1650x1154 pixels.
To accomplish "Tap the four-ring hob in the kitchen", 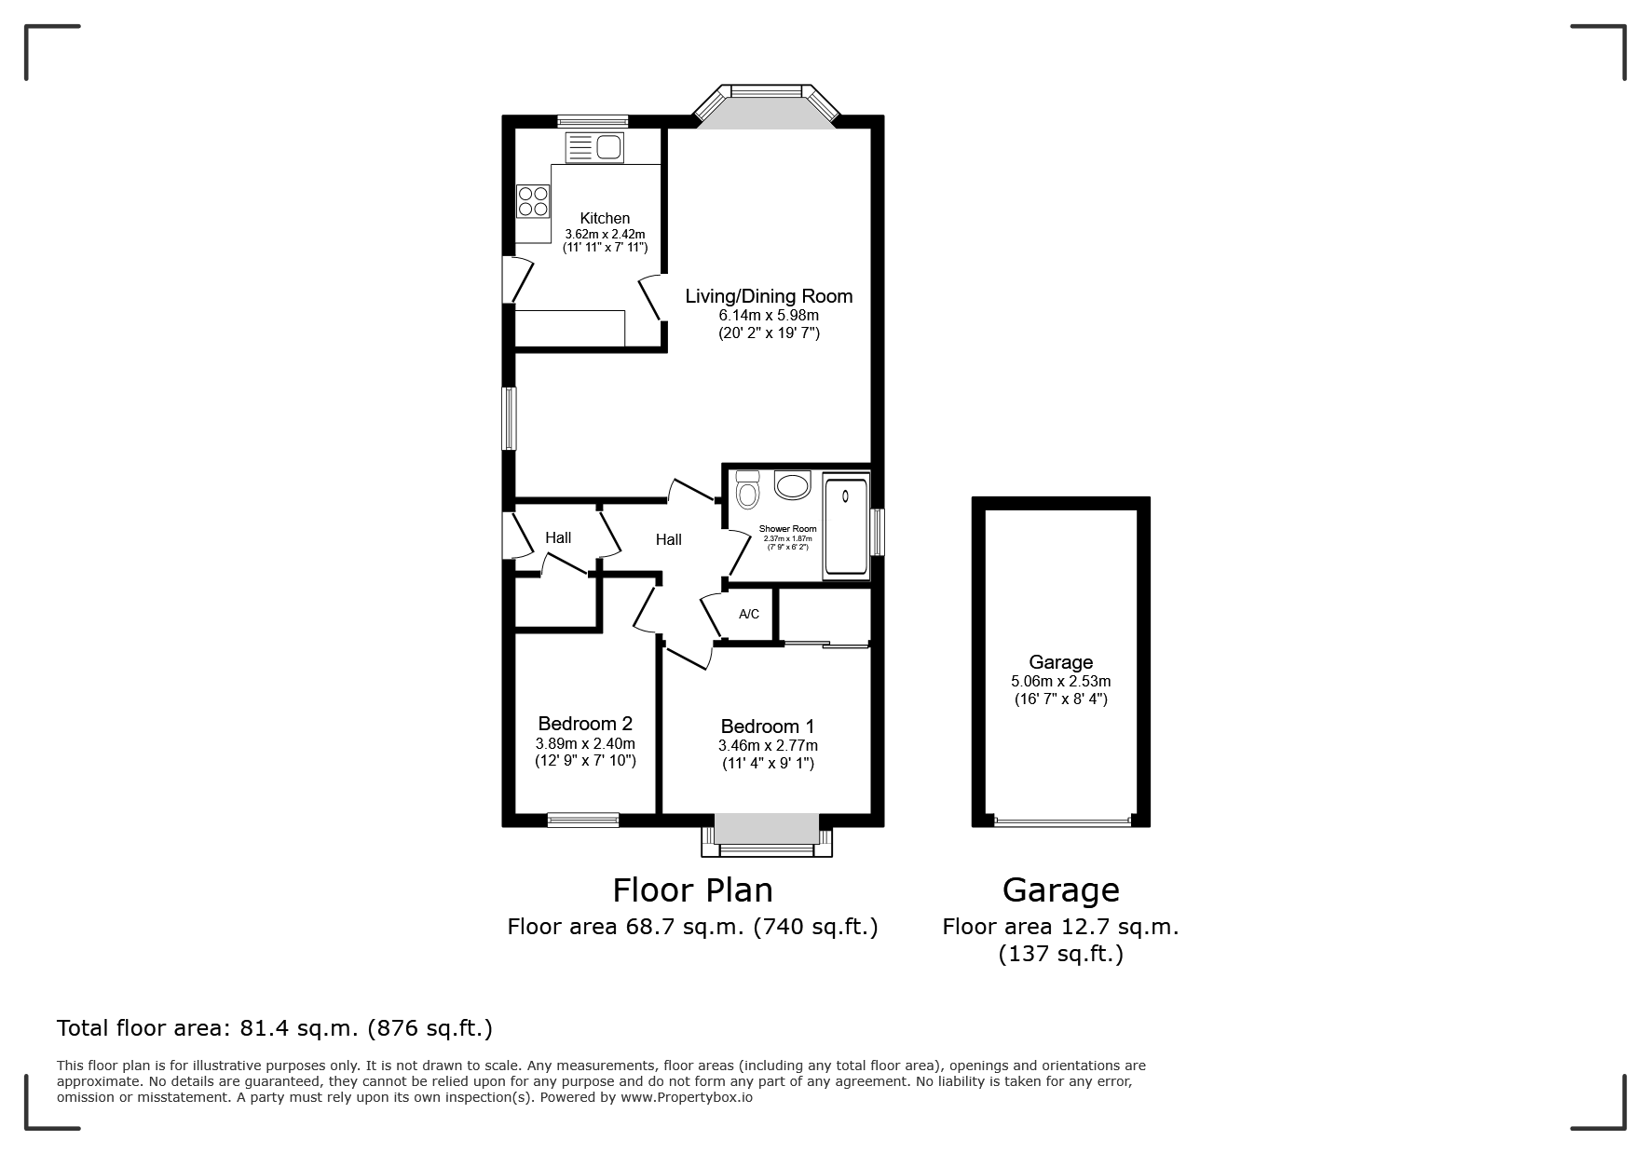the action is pyautogui.click(x=533, y=201).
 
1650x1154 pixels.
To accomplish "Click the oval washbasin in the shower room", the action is pyautogui.click(x=793, y=486).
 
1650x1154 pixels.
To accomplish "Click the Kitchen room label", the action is pyautogui.click(x=605, y=219).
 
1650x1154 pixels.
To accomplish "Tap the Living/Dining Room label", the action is pyautogui.click(x=769, y=296).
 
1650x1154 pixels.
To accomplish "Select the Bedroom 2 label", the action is pyautogui.click(x=585, y=724).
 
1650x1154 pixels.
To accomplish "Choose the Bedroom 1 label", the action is pyautogui.click(x=768, y=726).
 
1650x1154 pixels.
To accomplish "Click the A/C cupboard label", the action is pyautogui.click(x=749, y=614).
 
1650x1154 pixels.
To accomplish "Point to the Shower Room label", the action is pyautogui.click(x=787, y=529).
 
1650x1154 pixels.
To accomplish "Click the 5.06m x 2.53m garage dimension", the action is pyautogui.click(x=1060, y=681).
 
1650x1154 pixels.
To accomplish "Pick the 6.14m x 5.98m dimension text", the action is pyautogui.click(x=769, y=316).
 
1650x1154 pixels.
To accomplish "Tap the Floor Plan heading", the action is pyautogui.click(x=692, y=890).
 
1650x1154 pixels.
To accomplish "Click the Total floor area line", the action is pyautogui.click(x=275, y=1028).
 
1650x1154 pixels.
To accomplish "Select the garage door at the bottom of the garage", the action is pyautogui.click(x=1061, y=821).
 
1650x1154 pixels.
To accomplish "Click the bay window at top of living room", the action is pyautogui.click(x=766, y=104).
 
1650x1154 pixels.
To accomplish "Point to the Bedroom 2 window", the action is pyautogui.click(x=583, y=820).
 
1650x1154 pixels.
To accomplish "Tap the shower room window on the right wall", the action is pyautogui.click(x=878, y=532).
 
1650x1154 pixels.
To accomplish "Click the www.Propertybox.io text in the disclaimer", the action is pyautogui.click(x=687, y=1097).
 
